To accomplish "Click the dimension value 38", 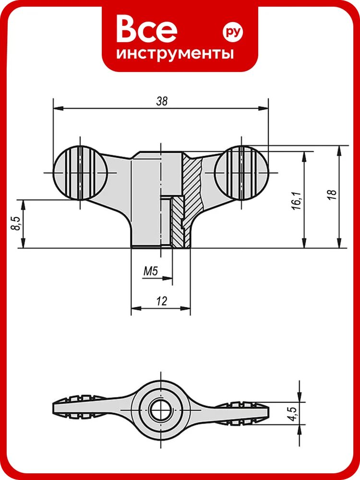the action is tap(162, 101).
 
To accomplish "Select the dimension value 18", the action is tap(332, 195).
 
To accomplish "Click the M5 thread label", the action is tap(151, 271).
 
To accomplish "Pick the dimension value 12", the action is tap(162, 301).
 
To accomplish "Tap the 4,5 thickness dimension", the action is tap(293, 413).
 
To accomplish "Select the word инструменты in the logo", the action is tap(175, 54).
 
